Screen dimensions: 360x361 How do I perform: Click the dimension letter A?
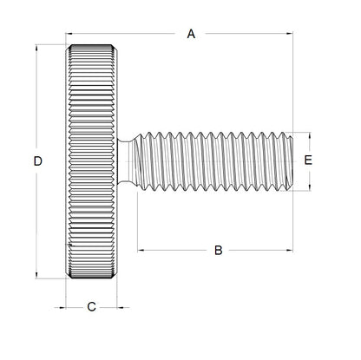[192, 34]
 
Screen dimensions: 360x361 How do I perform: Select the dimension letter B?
[219, 251]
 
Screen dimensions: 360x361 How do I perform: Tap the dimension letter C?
[92, 306]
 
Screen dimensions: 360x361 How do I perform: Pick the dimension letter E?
[308, 160]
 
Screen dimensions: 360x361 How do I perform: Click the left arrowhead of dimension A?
[69, 34]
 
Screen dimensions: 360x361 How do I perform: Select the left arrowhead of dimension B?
[140, 251]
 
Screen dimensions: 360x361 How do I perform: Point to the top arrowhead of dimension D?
[36, 45]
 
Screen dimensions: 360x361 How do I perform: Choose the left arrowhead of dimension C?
[69, 306]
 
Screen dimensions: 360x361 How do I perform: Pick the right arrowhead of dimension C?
[117, 306]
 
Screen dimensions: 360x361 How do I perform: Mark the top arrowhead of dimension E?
[308, 135]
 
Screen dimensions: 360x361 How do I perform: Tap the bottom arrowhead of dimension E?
[308, 187]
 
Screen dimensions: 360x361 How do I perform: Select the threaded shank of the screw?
[217, 160]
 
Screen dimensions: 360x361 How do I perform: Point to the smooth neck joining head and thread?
[127, 160]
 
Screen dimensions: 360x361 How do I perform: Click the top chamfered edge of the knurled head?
[92, 44]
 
